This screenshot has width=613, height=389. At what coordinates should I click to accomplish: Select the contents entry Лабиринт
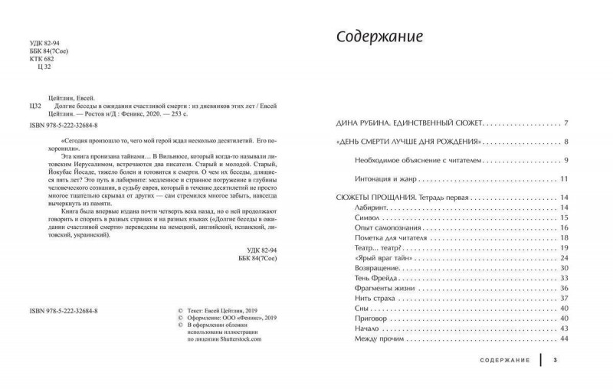tap(374, 208)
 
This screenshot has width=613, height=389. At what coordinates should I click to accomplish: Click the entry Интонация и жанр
tap(392, 178)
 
